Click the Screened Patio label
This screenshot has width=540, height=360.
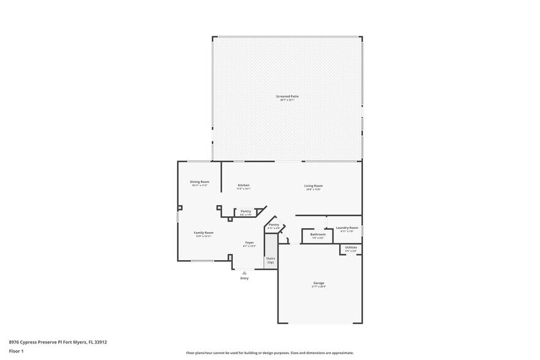287,96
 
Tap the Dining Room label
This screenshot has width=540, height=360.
200,181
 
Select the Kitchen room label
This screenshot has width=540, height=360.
244,185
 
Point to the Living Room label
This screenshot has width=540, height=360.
313,186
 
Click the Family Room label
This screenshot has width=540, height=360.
203,233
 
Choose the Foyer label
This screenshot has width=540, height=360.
250,242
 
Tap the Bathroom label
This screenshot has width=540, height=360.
318,234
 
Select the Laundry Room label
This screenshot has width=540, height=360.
347,227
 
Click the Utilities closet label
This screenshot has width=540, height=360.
351,247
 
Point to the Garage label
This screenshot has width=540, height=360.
319,283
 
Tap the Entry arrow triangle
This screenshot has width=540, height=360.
244,273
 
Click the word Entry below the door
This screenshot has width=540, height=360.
244,279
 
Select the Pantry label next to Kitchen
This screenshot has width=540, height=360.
246,211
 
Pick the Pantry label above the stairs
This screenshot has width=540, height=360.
274,225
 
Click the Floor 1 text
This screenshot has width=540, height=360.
16,351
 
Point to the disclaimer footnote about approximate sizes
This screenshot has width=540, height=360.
269,353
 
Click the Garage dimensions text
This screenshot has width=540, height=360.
319,287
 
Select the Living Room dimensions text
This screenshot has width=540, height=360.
313,190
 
